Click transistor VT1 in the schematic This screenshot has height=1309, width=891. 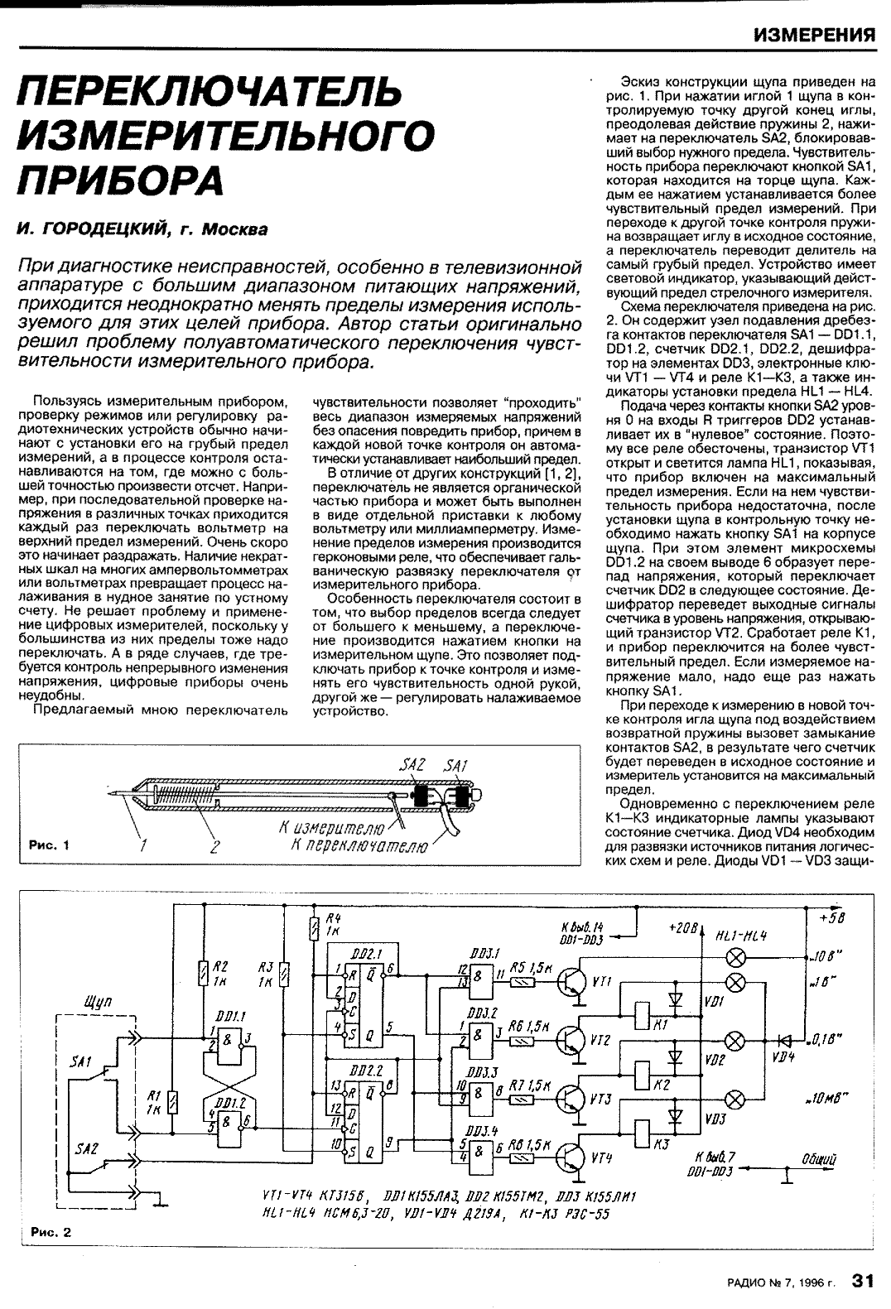pyautogui.click(x=572, y=981)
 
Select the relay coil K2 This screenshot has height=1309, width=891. pyautogui.click(x=640, y=1073)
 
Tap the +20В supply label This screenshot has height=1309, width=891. pyautogui.click(x=684, y=927)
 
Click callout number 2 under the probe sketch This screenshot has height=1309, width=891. pyautogui.click(x=215, y=846)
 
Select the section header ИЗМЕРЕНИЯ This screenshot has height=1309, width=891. pyautogui.click(x=815, y=35)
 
